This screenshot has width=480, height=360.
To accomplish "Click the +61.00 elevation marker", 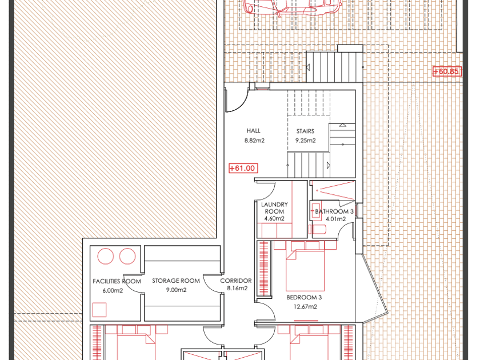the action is [x=243, y=169].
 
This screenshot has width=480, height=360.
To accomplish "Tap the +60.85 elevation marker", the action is [x=447, y=71].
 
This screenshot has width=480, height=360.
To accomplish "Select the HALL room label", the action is [x=254, y=131].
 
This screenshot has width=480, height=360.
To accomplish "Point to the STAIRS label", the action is [x=305, y=131].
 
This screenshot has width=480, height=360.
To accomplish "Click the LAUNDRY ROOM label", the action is [x=274, y=208].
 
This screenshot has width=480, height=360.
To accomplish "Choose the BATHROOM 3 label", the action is [x=334, y=211].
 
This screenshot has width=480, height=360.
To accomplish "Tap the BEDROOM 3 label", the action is [x=304, y=297].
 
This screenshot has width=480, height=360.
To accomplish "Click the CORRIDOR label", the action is [x=235, y=281].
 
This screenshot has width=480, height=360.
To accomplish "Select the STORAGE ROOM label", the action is [x=176, y=281].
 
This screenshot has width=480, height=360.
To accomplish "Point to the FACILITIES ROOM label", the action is [x=117, y=281].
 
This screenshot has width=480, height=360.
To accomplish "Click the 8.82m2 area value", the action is [x=254, y=141].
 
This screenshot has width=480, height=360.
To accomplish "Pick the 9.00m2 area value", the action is [x=177, y=290].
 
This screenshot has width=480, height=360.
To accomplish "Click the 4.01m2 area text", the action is [x=336, y=219].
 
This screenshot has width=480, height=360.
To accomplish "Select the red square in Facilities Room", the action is [x=99, y=310].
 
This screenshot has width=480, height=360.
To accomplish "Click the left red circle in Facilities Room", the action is [x=106, y=256].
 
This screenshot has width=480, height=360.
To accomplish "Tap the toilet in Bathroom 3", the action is [x=317, y=229].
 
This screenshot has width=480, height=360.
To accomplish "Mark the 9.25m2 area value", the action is [x=306, y=141].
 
